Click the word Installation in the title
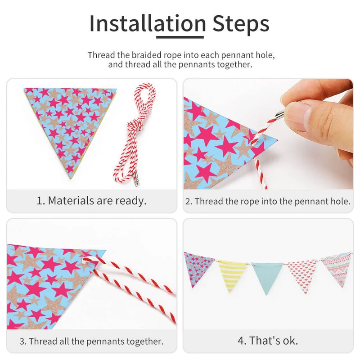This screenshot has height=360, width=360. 148,23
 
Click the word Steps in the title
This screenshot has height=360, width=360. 241,23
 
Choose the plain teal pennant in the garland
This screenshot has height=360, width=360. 267,277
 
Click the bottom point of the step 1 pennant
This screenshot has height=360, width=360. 71,178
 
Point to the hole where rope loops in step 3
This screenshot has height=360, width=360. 85,260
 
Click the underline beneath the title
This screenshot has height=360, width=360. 180,37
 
